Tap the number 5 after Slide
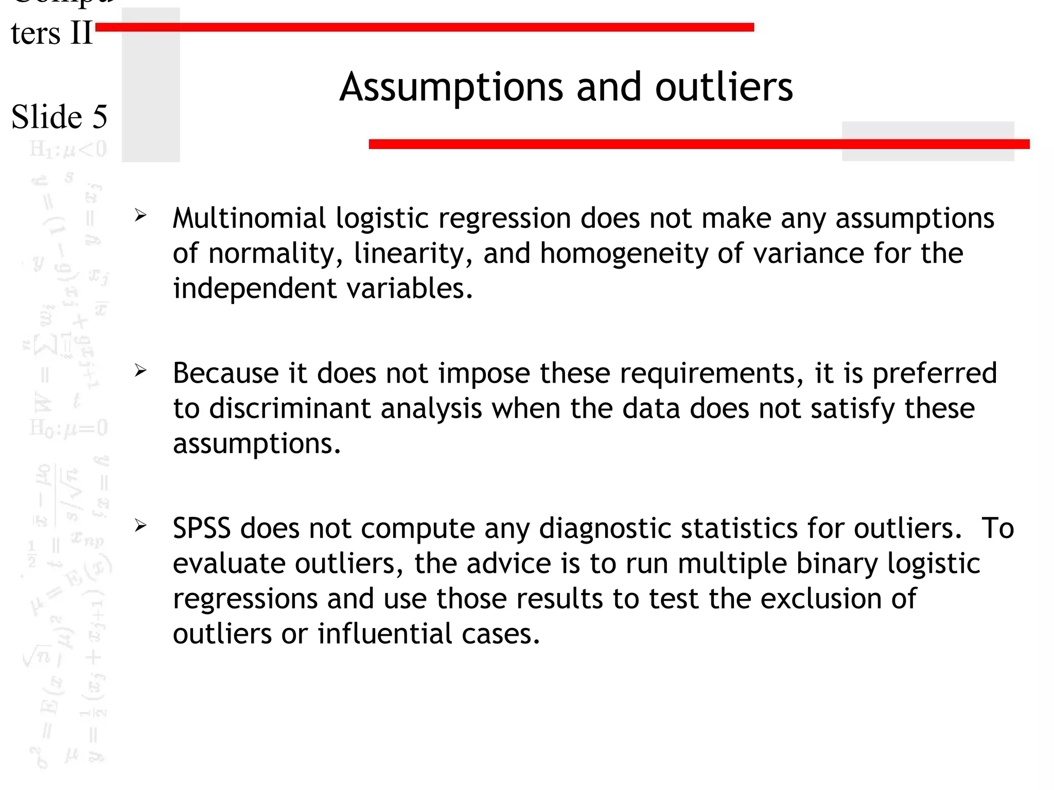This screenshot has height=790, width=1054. (x=100, y=117)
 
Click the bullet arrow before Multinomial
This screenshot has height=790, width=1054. (x=140, y=216)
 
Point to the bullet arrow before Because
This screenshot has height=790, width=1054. (x=140, y=370)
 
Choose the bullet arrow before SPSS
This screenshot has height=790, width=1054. (x=140, y=525)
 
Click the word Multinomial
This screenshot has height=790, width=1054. (x=249, y=218)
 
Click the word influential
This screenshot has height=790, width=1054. (x=384, y=634)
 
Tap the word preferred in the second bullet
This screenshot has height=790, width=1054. (x=935, y=373)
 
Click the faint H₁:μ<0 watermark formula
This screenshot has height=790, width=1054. (x=68, y=149)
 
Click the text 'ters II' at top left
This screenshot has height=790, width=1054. (x=51, y=34)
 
